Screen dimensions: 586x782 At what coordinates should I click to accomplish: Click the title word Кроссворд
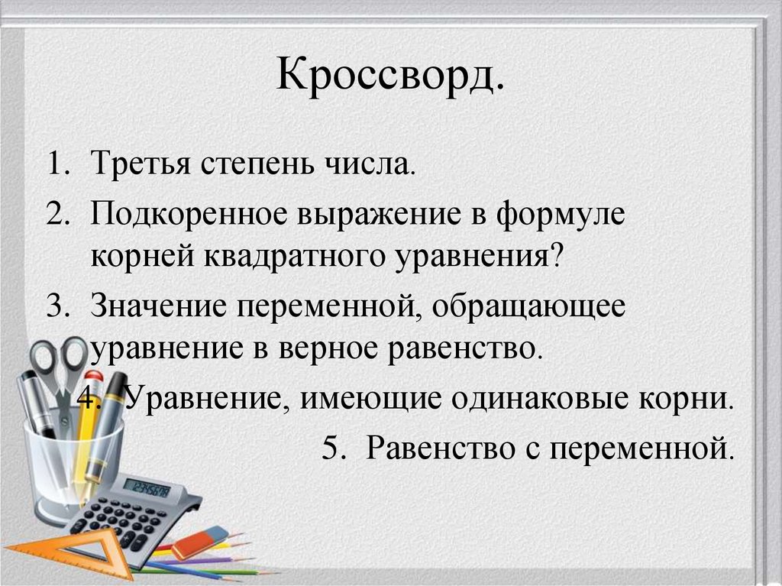click(x=389, y=77)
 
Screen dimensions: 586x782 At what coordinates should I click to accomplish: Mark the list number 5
click(x=330, y=446)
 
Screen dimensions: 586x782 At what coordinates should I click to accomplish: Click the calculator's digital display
click(x=147, y=488)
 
